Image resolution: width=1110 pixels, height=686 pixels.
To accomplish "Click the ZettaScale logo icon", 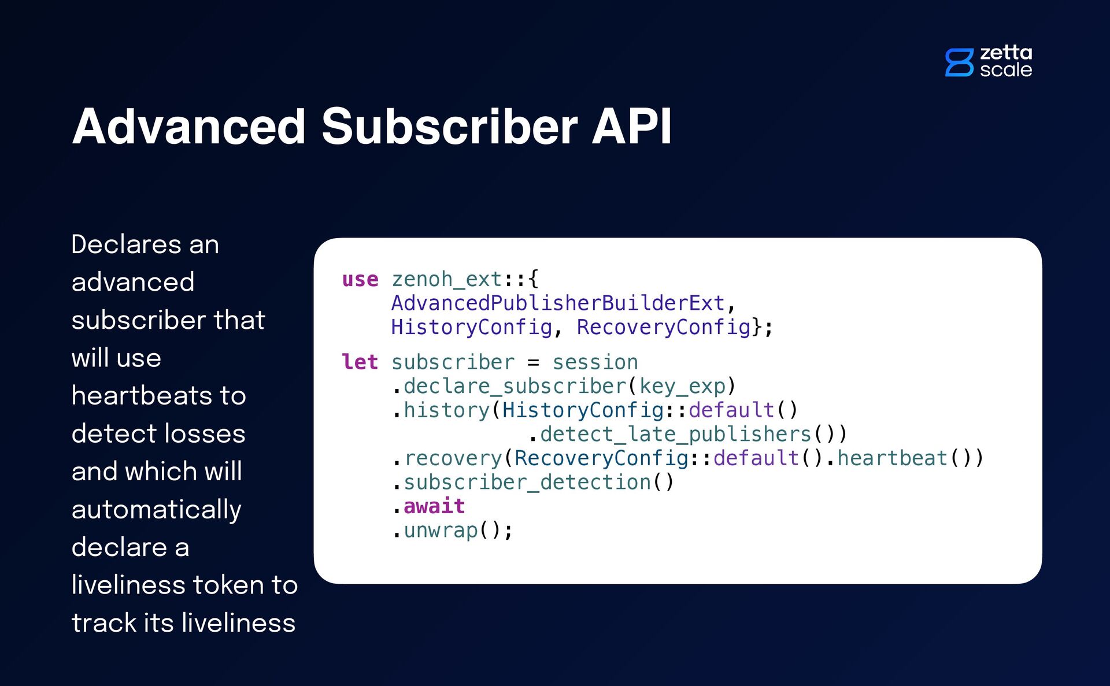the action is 959,62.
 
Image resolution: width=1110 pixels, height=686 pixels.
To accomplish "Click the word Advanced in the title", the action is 188,127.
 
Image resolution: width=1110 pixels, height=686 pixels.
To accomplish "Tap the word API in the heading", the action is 631,127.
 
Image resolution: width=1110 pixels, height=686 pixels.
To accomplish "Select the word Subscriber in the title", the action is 449,127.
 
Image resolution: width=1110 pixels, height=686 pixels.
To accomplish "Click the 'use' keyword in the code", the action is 360,280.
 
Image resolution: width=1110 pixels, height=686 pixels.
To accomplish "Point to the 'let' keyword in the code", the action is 360,362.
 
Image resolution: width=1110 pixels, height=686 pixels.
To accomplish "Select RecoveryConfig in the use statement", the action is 664,328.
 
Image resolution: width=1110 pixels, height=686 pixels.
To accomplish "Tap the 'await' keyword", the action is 434,507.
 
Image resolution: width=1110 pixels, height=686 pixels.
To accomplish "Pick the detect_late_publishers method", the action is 675,435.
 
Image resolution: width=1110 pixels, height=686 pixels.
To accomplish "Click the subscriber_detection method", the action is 527,483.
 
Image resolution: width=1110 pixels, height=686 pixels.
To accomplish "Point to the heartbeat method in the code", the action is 892,458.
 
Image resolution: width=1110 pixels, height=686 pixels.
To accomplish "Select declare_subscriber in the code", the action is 515,386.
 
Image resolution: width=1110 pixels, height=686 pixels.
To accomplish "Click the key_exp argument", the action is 682,386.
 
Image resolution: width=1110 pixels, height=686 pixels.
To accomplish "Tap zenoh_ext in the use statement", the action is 446,280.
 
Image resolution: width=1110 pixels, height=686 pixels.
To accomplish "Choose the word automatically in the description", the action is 156,510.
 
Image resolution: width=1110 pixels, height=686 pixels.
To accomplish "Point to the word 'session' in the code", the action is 595,362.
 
